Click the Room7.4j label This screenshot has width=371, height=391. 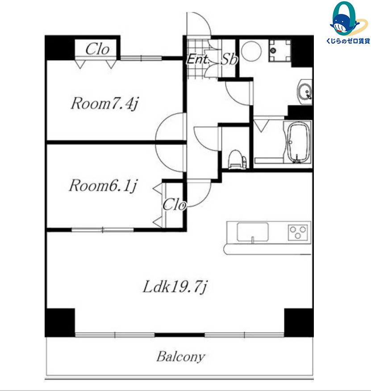coord(104,103)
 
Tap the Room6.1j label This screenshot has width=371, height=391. coord(103,185)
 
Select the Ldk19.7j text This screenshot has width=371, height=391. coord(175,287)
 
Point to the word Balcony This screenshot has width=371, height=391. coord(181,357)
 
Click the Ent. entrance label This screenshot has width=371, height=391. coord(198,59)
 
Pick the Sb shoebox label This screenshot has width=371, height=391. coord(229,59)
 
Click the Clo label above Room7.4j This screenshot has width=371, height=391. coord(97,49)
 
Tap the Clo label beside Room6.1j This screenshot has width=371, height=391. coord(175,205)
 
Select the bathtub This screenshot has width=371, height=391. coord(298,142)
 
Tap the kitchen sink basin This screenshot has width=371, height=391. coord(253,232)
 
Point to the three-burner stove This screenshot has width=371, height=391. coord(298,232)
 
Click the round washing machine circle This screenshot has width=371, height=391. coord(251,51)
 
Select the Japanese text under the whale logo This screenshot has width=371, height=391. coord(348,41)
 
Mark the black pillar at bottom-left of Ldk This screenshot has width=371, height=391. coord(60,323)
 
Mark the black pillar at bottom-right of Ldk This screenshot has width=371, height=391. coord(299,323)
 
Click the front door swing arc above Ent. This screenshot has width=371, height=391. coord(205,20)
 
